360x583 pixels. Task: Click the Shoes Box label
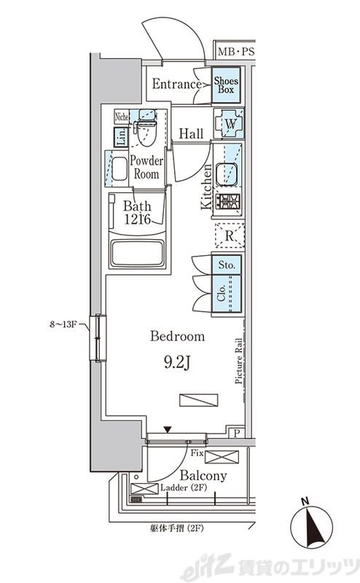click(x=226, y=85)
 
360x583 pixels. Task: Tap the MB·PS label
click(x=236, y=52)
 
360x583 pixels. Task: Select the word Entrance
click(x=176, y=84)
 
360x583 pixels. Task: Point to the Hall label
click(x=191, y=133)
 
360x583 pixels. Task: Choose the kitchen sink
click(x=227, y=173)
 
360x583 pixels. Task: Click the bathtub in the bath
click(x=137, y=253)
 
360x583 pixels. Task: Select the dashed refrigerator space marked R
click(x=230, y=235)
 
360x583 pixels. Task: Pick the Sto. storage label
click(x=227, y=265)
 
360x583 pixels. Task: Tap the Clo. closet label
click(x=222, y=294)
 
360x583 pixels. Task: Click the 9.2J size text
click(x=177, y=361)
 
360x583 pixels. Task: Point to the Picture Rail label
click(x=238, y=361)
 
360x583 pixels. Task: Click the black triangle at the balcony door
click(x=168, y=430)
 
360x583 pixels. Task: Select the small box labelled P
click(x=237, y=433)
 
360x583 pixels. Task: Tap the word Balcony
click(x=203, y=476)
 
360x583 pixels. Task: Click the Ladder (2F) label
click(x=184, y=488)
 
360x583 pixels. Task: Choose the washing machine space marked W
click(x=230, y=124)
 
